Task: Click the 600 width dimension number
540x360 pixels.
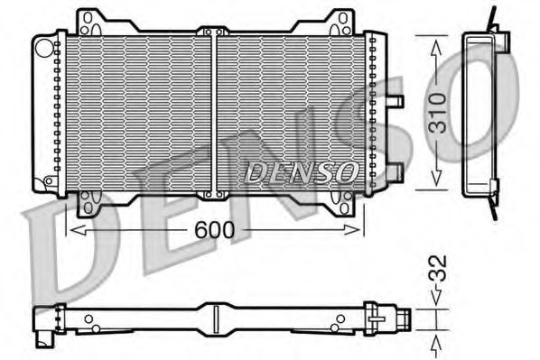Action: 215,231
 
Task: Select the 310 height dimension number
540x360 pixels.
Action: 437,114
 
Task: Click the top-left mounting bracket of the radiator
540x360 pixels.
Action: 89,22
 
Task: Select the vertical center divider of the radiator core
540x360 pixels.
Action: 214,110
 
